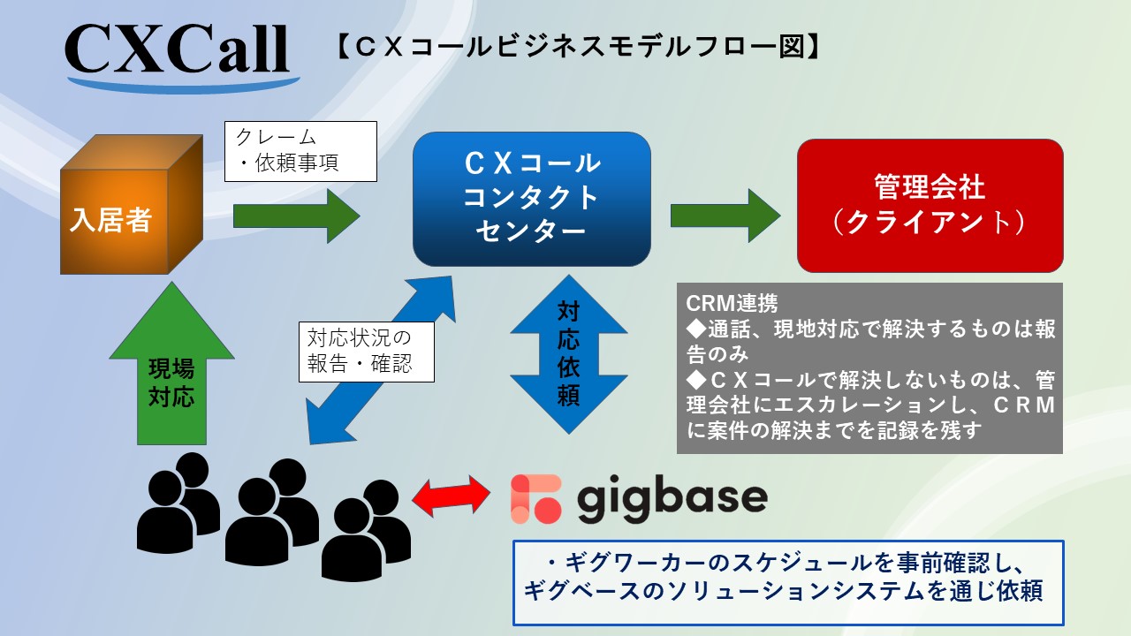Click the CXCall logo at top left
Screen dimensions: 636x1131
(178, 50)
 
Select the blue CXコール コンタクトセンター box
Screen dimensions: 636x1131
(532, 199)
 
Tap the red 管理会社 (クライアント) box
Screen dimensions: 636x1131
(930, 205)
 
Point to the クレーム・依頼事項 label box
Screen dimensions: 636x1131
(300, 151)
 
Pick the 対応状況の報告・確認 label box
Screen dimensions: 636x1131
(367, 351)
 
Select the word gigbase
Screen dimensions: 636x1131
(672, 500)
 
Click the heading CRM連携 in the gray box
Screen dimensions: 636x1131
(732, 303)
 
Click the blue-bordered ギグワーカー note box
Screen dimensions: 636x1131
(789, 581)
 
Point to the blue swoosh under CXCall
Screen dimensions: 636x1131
(182, 84)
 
